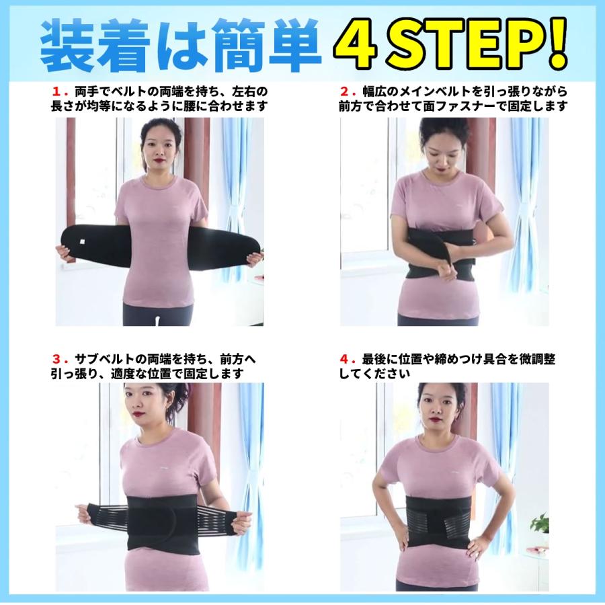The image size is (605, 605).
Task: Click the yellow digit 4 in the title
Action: pos(356,44)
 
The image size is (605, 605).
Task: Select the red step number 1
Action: pos(56,92)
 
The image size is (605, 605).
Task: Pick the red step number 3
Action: pos(56,359)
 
